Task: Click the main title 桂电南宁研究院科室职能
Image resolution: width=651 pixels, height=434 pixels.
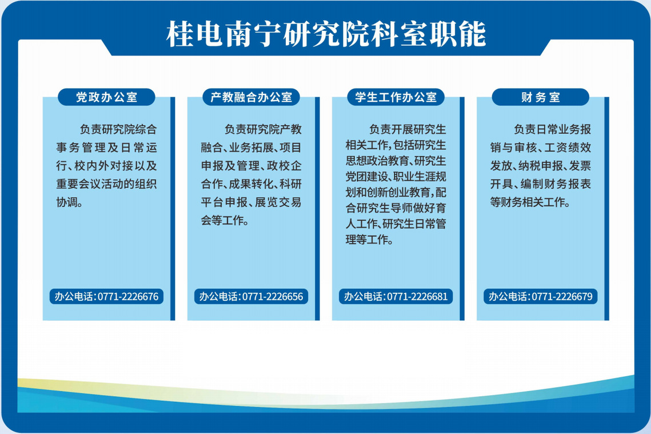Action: pos(326,34)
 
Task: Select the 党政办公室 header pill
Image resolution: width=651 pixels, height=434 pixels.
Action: pos(106,97)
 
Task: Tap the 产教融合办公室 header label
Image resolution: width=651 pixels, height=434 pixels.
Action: pos(251,97)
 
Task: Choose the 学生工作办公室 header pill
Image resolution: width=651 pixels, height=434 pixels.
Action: pos(396,97)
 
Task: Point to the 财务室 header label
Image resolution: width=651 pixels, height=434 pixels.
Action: pos(541,97)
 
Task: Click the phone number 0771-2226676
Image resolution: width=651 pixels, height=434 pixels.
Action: pos(128,297)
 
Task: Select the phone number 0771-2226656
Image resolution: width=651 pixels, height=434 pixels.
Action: pos(273,297)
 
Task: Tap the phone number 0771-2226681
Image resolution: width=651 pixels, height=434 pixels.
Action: pos(417,297)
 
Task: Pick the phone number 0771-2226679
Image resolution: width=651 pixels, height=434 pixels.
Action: pos(562,297)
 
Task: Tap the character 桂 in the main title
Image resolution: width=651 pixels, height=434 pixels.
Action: pos(180,34)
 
